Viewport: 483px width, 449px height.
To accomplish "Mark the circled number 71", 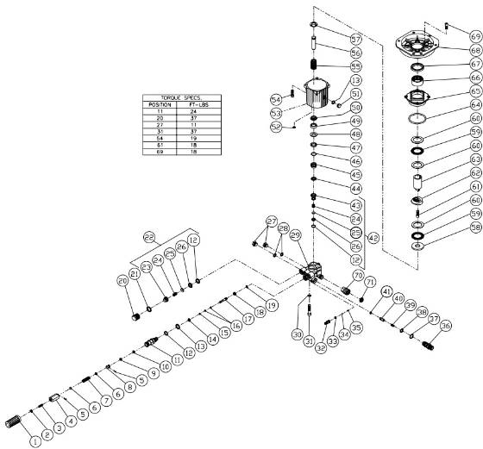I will pos(371,281).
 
